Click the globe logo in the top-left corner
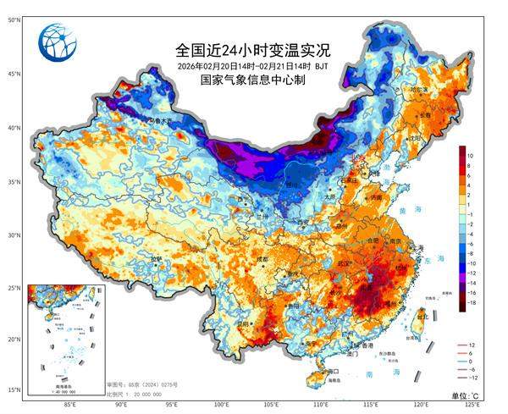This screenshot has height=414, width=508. pos(62,44)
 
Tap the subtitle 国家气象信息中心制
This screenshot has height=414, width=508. pos(252,80)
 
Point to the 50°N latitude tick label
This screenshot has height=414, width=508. pos(14,19)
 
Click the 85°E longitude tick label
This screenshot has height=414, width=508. pos(72,405)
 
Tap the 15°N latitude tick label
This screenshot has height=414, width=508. pos(14,389)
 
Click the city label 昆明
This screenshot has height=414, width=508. pos(245,323)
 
